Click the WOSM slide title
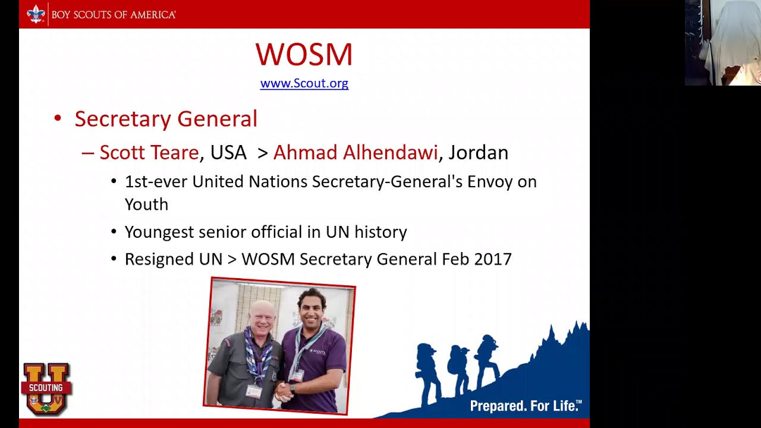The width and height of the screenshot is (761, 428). [304, 55]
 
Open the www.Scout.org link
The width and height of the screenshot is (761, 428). [304, 83]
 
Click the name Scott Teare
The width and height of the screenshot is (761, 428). [149, 153]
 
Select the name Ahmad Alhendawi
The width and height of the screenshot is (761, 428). [355, 153]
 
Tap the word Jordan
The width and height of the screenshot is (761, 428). [478, 153]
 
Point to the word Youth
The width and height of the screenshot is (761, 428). [146, 204]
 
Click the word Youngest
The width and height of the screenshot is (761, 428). [159, 232]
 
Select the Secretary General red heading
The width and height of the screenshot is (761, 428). [165, 119]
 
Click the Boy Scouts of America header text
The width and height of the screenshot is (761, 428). [114, 14]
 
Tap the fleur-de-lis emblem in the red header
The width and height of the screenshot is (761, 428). [36, 14]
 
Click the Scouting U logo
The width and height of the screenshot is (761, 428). [46, 389]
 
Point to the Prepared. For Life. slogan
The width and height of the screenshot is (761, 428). [526, 406]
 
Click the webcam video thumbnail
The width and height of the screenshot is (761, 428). [722, 43]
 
